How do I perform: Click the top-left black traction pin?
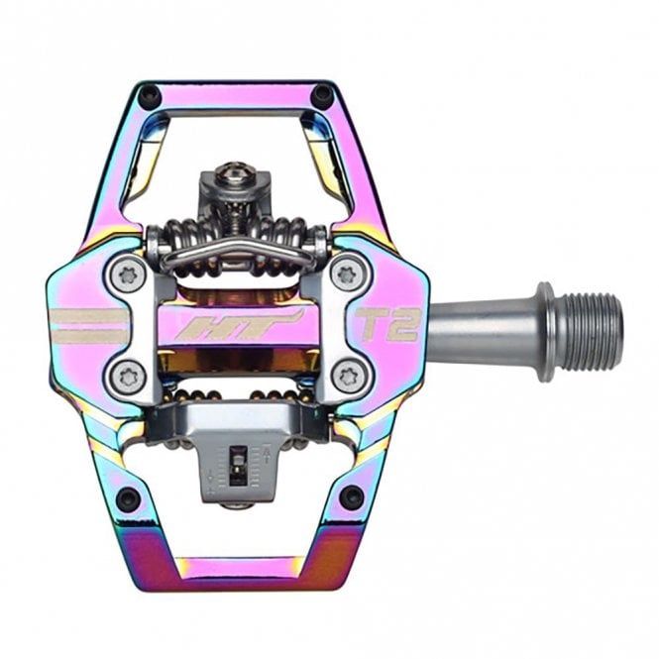click(x=149, y=96)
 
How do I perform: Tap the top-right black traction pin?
click(x=322, y=95)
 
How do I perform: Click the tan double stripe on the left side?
click(x=85, y=325)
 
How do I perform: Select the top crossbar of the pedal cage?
click(x=235, y=99)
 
